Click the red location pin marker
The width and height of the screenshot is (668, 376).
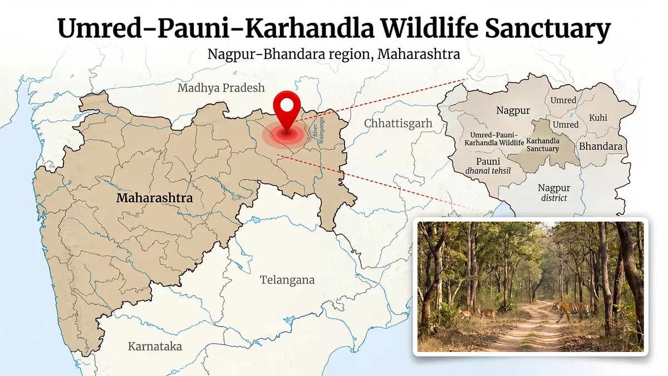coord(287,108)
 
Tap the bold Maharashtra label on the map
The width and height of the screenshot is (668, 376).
coord(154,198)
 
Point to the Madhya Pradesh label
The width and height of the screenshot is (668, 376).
coord(221,88)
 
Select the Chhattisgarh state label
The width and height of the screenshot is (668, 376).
coord(398,123)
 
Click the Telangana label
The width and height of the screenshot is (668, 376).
coord(287,280)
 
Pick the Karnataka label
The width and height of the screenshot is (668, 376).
coord(155,346)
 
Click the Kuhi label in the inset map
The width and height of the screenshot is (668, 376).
coord(598,118)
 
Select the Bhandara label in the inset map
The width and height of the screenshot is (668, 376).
coord(601,146)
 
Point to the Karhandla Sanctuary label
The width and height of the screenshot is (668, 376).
coord(542,144)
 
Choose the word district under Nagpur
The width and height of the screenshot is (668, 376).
coord(554,198)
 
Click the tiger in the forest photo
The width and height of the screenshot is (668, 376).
coord(571,310)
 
